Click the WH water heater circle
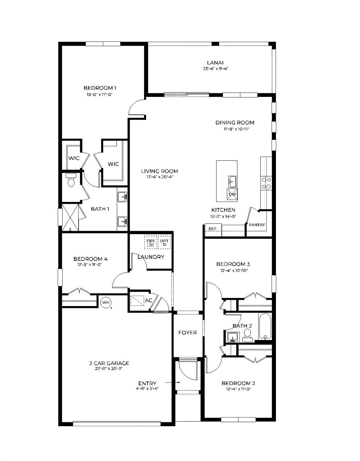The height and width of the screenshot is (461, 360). pos(106,302)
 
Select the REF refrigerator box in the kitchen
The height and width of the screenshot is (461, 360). pos(213,228)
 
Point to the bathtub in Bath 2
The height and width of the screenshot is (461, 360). pos(265,327)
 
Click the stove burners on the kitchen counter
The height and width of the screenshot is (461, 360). pos(266,183)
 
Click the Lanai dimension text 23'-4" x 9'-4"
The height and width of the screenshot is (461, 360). pos(215,68)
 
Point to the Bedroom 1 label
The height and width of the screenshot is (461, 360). pos(100,88)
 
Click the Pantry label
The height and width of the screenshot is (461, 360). pos(257,225)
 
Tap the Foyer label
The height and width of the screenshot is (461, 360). pos(187,333)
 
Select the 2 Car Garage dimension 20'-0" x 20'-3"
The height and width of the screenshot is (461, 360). pos(109,369)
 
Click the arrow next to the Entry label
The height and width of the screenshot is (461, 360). pos(173,383)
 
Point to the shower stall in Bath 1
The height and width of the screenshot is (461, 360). pos(70,217)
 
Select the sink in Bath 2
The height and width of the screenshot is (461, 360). pos(232,337)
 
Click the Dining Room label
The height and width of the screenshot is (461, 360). pos(235,122)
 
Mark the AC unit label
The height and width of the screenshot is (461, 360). pos(148,300)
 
